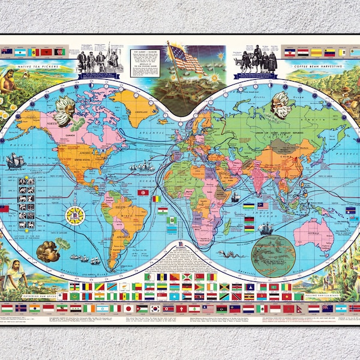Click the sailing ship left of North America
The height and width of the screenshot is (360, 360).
[15, 160]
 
